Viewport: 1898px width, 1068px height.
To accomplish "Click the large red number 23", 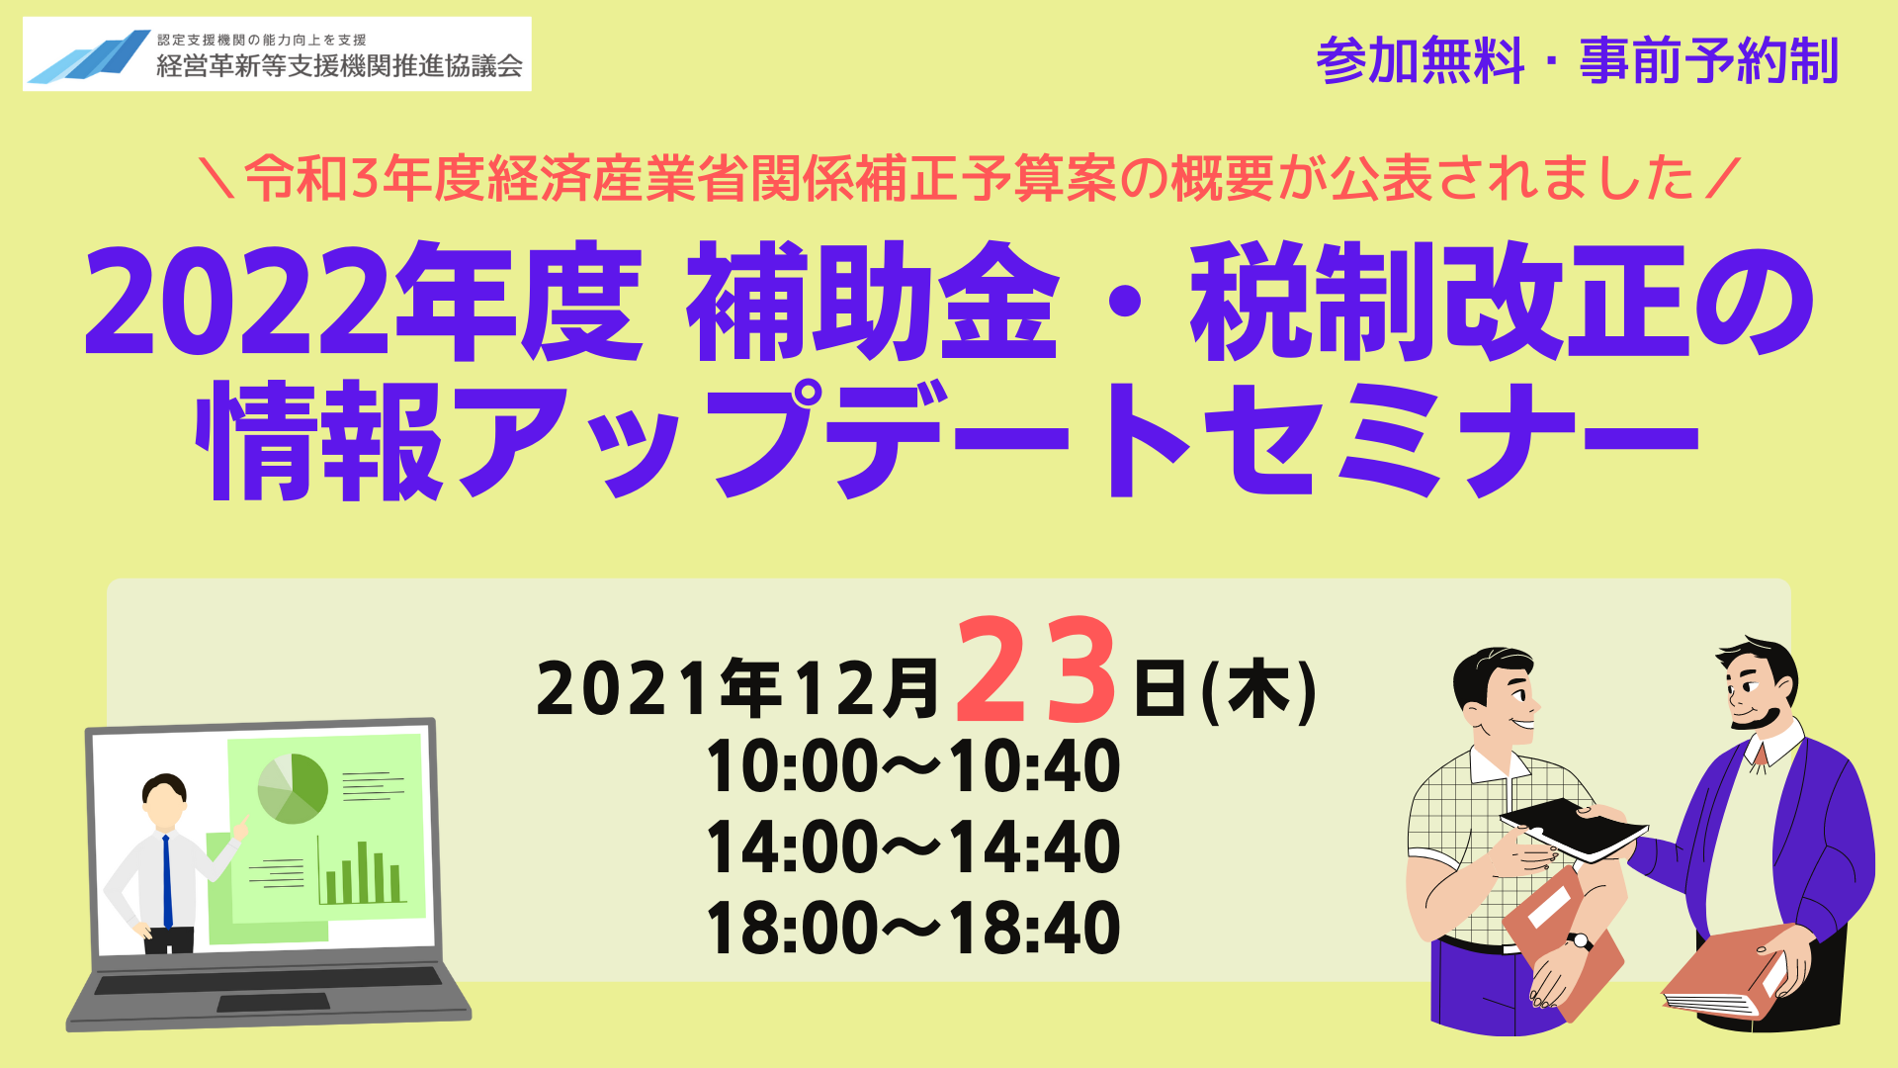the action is click(x=1036, y=670).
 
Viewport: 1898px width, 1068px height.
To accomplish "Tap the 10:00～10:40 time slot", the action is click(x=913, y=766).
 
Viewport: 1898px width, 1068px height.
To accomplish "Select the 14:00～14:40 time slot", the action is click(x=913, y=847).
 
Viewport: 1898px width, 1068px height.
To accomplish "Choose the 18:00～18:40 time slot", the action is click(x=913, y=929).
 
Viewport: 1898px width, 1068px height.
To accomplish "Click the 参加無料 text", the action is click(x=1421, y=60).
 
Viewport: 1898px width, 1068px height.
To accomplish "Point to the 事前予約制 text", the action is click(x=1709, y=60).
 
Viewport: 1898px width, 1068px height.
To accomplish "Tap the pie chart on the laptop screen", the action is click(x=293, y=788).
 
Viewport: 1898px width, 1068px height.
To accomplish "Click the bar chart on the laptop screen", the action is click(x=362, y=871).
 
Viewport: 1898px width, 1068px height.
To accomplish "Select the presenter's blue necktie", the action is click(x=167, y=881).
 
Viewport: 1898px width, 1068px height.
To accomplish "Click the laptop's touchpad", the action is click(x=273, y=1003).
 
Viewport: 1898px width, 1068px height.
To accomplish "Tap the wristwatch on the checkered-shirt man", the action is click(x=1580, y=940).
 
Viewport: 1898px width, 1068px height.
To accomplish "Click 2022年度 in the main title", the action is click(x=364, y=301).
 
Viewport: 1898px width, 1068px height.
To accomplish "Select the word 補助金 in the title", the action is click(x=873, y=301).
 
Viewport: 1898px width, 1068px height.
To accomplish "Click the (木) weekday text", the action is click(x=1258, y=689).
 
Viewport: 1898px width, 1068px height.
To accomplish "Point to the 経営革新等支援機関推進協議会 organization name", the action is click(x=339, y=66).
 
